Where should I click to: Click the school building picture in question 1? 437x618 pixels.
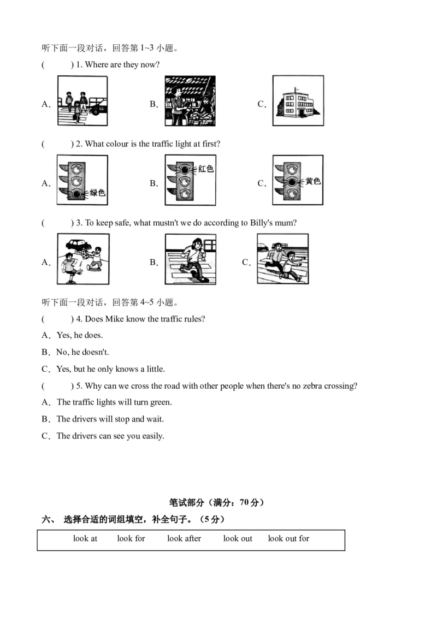point(298,101)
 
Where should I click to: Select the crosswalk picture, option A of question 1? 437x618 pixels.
point(82,101)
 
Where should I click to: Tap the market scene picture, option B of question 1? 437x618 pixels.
point(190,101)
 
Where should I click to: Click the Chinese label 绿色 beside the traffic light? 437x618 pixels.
point(97,192)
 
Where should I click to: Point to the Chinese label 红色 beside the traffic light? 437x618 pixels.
point(205,169)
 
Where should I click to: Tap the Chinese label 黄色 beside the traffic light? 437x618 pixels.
point(313,181)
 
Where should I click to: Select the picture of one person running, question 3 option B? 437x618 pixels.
point(190,259)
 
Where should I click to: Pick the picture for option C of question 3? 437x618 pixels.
point(282,259)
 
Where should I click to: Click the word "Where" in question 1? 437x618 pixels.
point(97,65)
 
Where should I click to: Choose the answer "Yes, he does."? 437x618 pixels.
point(80,335)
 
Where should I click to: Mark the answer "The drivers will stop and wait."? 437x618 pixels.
point(110,419)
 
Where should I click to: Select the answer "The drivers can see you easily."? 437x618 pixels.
point(110,436)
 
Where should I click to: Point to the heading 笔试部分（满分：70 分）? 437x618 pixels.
point(217,503)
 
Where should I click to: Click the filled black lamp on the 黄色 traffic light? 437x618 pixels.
point(293,181)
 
